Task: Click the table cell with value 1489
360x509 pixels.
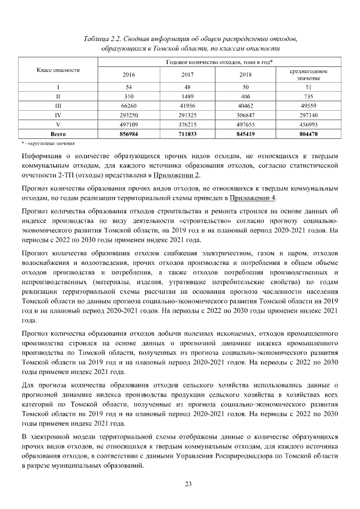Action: coord(188,96)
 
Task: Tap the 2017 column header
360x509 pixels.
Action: coord(188,74)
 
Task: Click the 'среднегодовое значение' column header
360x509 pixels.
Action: coord(308,74)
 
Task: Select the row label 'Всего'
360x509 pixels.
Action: coord(58,134)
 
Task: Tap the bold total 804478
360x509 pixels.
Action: coord(308,134)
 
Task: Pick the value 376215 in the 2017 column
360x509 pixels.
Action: coord(188,125)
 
